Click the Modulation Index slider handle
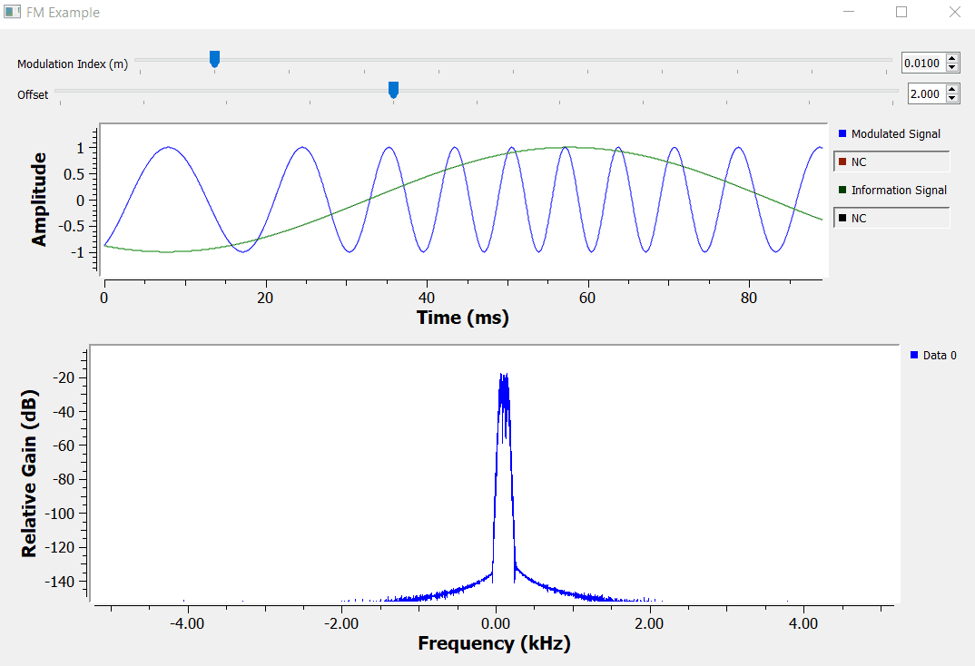point(214,59)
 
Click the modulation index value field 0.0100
point(922,64)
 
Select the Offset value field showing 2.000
point(925,94)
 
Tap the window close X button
point(953,13)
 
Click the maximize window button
point(901,13)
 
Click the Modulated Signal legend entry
point(895,134)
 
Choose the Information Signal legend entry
point(898,191)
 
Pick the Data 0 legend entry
point(939,356)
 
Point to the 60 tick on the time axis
point(588,297)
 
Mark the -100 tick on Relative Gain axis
point(67,514)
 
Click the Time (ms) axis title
point(462,318)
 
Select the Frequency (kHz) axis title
point(494,643)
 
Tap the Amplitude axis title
point(39,200)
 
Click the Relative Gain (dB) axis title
point(30,474)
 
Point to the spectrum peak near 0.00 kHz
point(503,377)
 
